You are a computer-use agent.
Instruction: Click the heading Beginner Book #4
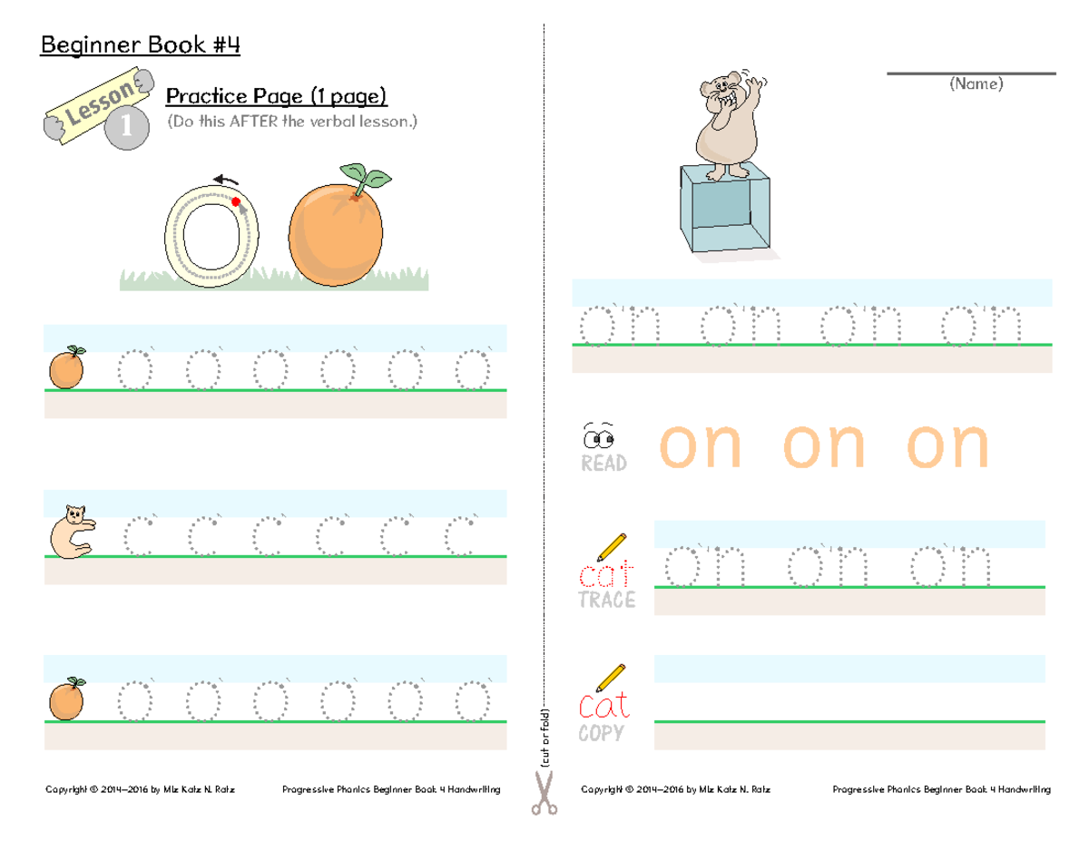(140, 45)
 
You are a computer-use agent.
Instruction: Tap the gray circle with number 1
(124, 129)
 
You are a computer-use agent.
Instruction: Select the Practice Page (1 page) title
(276, 96)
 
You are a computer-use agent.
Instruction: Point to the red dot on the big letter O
(236, 201)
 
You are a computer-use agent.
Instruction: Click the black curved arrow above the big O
(227, 181)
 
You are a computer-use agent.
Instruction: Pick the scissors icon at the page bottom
(543, 792)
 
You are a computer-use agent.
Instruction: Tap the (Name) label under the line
(975, 84)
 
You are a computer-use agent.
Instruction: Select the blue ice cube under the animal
(726, 210)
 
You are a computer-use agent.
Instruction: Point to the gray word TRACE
(606, 601)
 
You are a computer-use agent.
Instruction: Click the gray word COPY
(601, 733)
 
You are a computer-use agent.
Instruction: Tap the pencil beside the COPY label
(611, 677)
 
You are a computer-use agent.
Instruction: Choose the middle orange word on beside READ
(825, 445)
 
